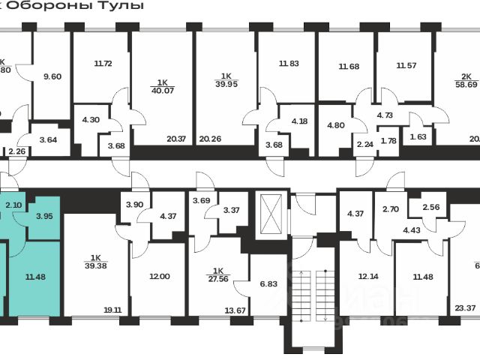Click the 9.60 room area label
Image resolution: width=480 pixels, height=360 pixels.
pyautogui.click(x=53, y=76)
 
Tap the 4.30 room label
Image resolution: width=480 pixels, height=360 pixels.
pyautogui.click(x=90, y=119)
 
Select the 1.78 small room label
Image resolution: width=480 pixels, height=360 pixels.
pyautogui.click(x=388, y=141)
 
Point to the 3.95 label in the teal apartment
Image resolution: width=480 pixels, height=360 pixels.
pyautogui.click(x=44, y=217)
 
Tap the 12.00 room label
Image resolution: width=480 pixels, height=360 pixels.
pyautogui.click(x=159, y=276)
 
